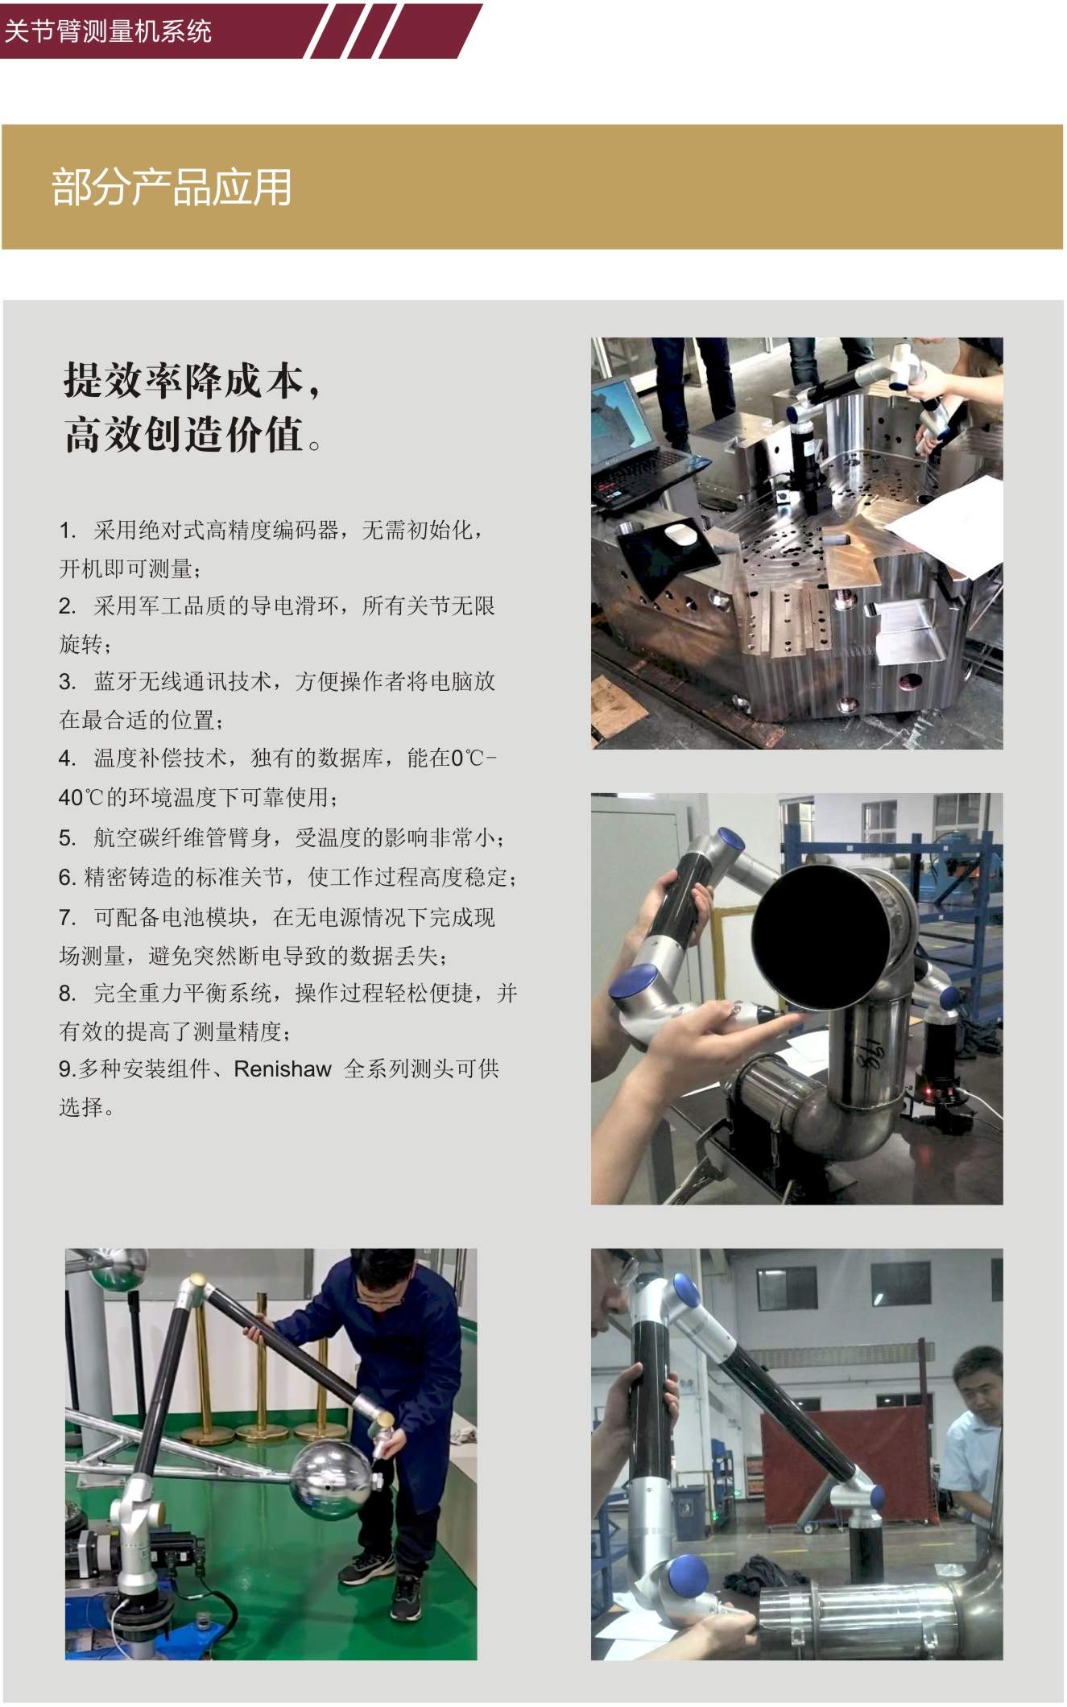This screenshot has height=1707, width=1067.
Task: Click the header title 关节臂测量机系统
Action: pyautogui.click(x=108, y=31)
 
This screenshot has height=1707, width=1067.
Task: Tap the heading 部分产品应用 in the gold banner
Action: pyautogui.click(x=172, y=188)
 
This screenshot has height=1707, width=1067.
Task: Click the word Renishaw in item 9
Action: pyautogui.click(x=283, y=1068)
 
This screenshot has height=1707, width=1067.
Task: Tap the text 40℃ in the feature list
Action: pyautogui.click(x=82, y=797)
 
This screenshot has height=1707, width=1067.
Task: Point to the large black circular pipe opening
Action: pyautogui.click(x=821, y=937)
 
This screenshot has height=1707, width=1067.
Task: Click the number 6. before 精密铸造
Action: pyautogui.click(x=67, y=878)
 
